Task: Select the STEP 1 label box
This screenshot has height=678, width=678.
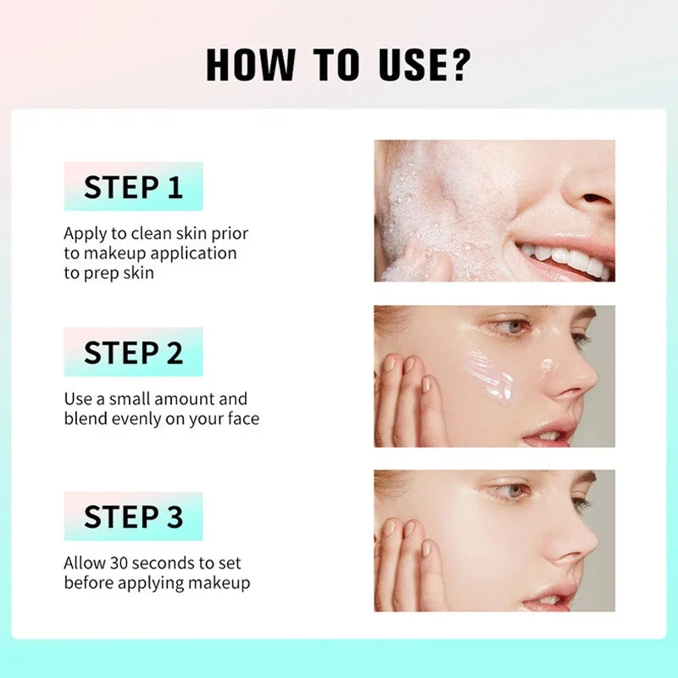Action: (x=133, y=186)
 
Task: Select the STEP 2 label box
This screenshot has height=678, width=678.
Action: (x=133, y=352)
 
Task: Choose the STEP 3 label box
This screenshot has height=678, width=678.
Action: (x=133, y=516)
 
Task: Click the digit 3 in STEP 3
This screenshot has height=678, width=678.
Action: (x=174, y=517)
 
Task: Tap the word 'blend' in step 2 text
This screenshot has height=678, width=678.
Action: (x=86, y=419)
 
